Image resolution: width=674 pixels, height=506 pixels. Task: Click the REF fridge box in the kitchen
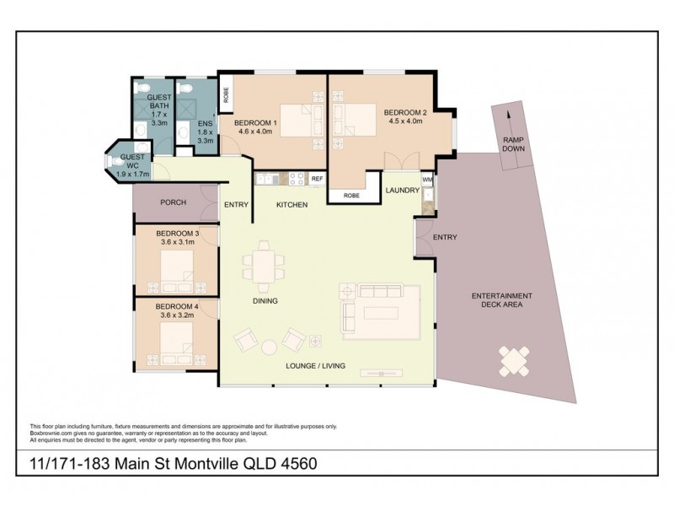[x=317, y=179]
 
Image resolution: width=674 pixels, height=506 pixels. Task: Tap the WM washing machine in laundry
[x=427, y=180]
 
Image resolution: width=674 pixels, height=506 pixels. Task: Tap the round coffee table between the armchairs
[x=269, y=347]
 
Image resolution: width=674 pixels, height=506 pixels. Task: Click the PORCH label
[x=173, y=202]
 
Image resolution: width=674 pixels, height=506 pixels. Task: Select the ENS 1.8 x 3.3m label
[x=205, y=132]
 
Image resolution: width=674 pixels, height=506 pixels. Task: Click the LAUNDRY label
[x=402, y=191]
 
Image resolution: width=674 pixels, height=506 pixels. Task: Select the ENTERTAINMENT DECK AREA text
[x=501, y=300]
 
